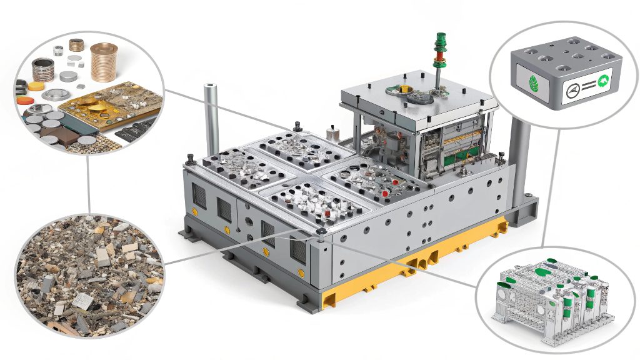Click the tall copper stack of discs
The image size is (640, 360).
[x=104, y=62]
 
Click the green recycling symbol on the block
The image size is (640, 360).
[x=603, y=79]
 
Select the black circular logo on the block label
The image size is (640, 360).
[x=570, y=92]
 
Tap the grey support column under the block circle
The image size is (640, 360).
[x=519, y=166]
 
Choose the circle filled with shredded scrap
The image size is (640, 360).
[x=87, y=275]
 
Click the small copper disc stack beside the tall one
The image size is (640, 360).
[x=76, y=45]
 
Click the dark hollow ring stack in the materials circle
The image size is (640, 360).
[x=44, y=69]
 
